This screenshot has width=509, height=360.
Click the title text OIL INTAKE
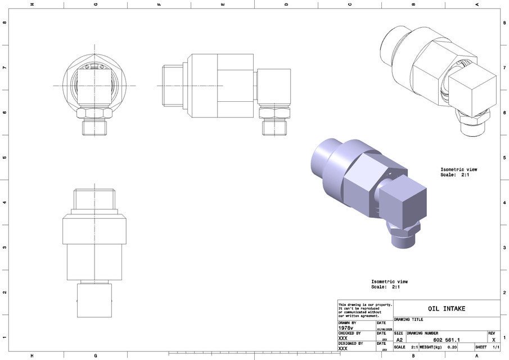pyautogui.click(x=447, y=309)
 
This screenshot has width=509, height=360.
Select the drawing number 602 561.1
pyautogui.click(x=447, y=340)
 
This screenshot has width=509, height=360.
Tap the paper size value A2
pyautogui.click(x=399, y=340)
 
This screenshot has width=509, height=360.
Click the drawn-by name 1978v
pyautogui.click(x=345, y=328)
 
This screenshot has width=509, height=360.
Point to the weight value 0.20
pyautogui.click(x=452, y=347)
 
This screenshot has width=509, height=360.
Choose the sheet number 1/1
pyautogui.click(x=496, y=347)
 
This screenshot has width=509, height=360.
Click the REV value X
pyautogui.click(x=493, y=340)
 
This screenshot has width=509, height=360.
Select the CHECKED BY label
pyautogui.click(x=350, y=333)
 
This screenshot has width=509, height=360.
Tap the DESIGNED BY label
pyautogui.click(x=350, y=343)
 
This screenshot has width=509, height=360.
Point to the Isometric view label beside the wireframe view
pyautogui.click(x=458, y=169)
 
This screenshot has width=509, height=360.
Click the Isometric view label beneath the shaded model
pyautogui.click(x=389, y=282)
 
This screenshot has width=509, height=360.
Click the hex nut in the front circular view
pyautogui.click(x=94, y=113)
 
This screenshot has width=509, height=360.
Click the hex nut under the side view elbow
pyautogui.click(x=275, y=113)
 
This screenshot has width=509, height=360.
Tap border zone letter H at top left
pyautogui.click(x=32, y=4)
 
